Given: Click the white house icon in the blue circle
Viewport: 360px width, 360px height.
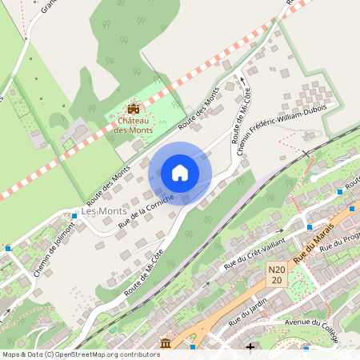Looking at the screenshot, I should (180, 172).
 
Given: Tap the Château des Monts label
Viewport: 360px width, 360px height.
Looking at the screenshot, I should (133, 125).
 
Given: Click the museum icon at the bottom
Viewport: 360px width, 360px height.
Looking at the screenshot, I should (166, 344).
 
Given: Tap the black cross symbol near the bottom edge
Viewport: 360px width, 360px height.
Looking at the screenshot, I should (250, 347).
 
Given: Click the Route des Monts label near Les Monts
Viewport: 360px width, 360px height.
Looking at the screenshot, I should (108, 183).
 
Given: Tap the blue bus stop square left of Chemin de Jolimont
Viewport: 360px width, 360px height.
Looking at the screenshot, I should (8, 249).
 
